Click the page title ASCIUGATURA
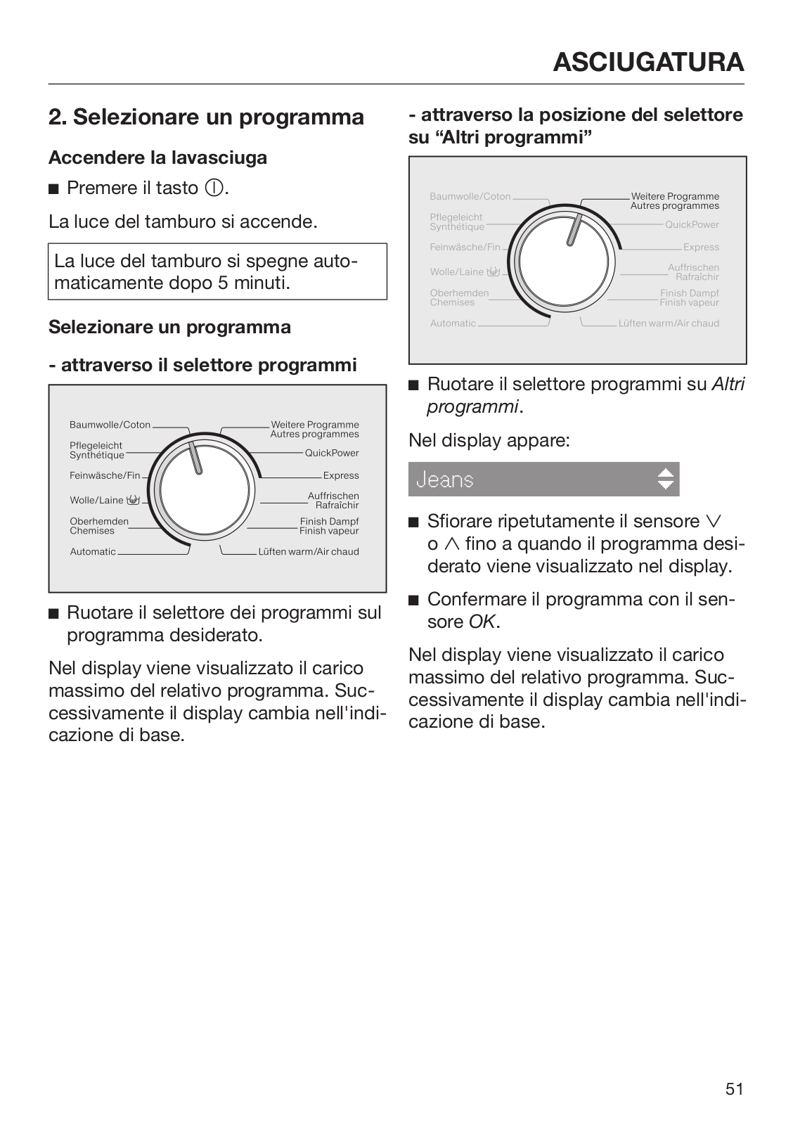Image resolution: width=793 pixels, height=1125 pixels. (648, 62)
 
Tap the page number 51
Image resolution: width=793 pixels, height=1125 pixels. (735, 1089)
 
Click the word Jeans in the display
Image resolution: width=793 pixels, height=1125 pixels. (445, 480)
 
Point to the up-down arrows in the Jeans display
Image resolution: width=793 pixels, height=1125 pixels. (665, 479)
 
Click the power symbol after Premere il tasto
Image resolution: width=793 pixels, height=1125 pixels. (214, 188)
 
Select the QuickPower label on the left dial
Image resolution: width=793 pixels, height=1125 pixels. (332, 453)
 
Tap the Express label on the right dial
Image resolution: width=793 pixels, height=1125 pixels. (701, 247)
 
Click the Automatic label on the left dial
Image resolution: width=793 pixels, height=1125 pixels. (93, 552)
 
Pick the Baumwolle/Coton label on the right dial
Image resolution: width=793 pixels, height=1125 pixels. (470, 197)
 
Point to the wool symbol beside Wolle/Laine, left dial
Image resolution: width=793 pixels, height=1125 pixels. (134, 500)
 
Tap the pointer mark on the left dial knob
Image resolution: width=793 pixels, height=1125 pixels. (195, 458)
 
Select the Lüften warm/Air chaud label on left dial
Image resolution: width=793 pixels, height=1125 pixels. (309, 552)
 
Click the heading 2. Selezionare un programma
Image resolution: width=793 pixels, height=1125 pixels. (206, 117)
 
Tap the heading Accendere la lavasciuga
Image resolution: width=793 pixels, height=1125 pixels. (157, 157)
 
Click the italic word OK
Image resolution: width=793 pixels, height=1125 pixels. (482, 622)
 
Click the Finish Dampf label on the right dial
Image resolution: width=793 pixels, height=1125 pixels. (690, 293)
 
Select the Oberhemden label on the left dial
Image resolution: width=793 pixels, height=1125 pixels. (99, 521)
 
